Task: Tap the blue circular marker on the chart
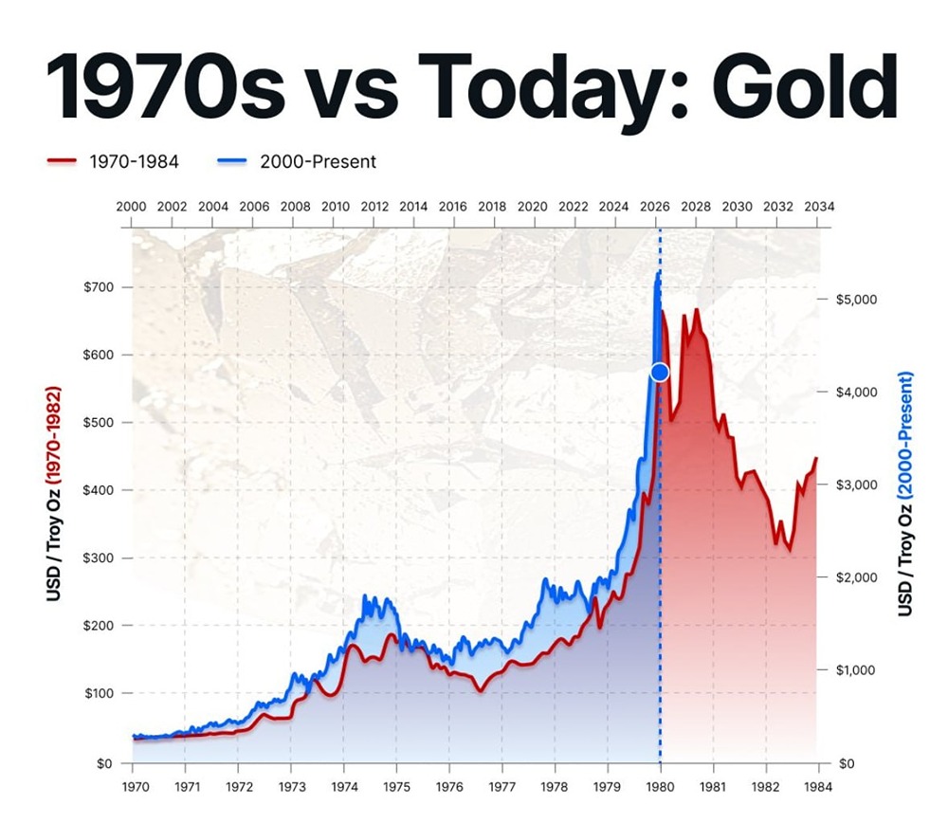(660, 373)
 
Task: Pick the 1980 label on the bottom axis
(660, 786)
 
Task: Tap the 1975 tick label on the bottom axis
(396, 786)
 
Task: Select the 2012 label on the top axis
(374, 207)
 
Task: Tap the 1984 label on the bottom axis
(818, 786)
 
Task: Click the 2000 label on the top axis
(131, 207)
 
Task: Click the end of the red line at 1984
(816, 459)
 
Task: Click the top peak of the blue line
(659, 272)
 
